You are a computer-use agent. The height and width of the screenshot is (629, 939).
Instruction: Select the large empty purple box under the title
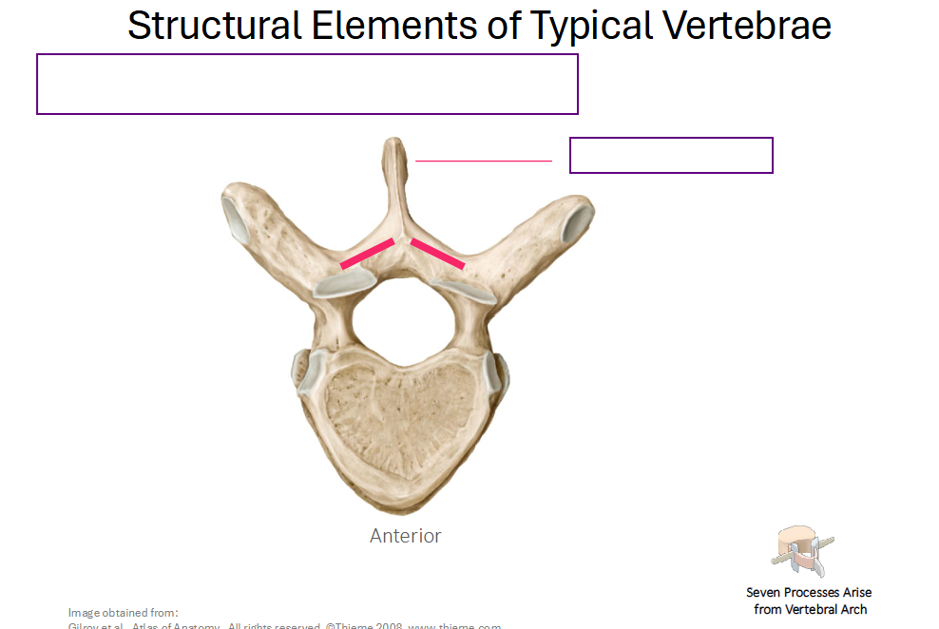click(x=307, y=84)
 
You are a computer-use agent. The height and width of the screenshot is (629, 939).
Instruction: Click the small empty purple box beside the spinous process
click(x=671, y=155)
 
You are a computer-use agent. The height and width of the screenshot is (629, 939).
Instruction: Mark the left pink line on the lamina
click(x=367, y=253)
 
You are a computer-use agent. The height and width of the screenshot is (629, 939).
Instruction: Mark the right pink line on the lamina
click(x=437, y=253)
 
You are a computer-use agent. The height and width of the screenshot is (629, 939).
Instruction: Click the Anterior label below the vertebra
click(x=405, y=536)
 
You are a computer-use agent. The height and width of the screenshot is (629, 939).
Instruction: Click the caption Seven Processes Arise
click(x=809, y=592)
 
